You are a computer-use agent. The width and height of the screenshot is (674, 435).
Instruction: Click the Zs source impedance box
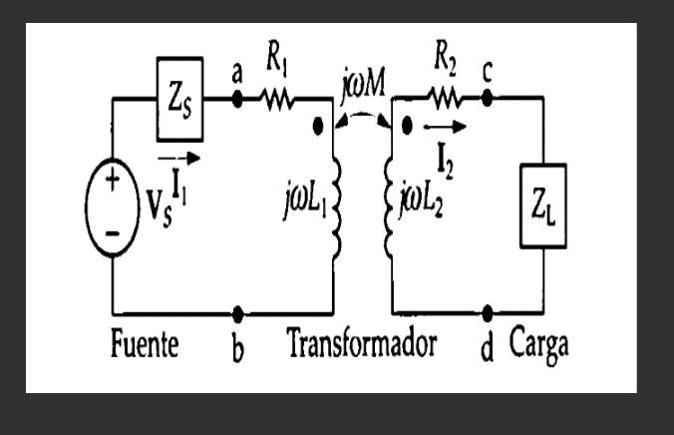[179, 99]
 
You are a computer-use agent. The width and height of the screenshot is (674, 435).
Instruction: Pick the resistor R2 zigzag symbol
[443, 99]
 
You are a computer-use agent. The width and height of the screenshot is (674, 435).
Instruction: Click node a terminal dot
[237, 99]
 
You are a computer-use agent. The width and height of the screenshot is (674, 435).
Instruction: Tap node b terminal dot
[237, 312]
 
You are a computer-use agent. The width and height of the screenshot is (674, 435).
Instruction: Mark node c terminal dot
[488, 99]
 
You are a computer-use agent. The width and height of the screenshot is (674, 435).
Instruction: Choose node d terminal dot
[488, 312]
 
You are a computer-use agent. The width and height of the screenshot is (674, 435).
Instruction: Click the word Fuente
[144, 346]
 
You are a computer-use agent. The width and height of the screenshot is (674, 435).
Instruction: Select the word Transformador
[362, 346]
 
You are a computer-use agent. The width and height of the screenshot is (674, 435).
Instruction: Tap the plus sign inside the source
[113, 181]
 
